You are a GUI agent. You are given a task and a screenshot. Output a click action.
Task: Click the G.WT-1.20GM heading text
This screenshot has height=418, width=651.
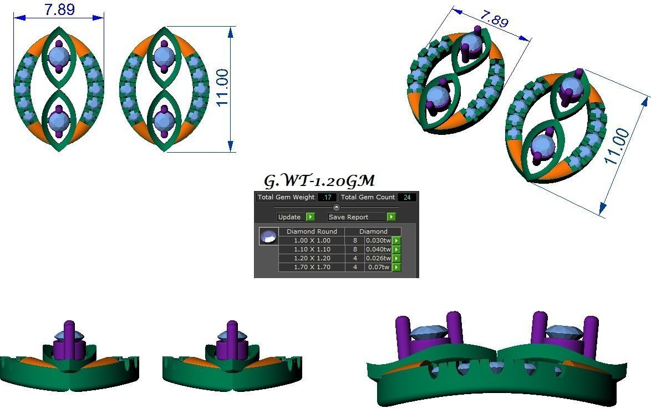[319, 181]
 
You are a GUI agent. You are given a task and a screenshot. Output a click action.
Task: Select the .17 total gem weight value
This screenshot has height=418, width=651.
[327, 197]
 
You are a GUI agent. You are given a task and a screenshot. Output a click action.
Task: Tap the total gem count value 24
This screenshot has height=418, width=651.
[407, 197]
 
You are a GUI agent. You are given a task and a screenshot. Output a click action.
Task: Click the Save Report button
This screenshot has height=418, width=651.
[355, 217]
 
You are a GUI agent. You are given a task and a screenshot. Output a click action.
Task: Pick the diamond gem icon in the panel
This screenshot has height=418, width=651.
[268, 236]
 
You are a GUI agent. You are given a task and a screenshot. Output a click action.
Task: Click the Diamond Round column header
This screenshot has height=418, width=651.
[312, 231]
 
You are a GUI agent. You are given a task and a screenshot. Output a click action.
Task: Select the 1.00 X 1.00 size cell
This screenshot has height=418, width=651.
[312, 240]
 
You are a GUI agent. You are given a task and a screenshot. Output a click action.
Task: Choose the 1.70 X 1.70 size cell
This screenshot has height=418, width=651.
[312, 267]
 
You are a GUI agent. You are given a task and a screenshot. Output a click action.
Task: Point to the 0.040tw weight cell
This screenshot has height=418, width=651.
[378, 249]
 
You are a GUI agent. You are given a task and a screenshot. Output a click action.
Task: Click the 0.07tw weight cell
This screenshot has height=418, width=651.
[378, 267]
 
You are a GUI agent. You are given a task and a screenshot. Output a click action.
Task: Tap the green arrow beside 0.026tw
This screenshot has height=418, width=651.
[396, 258]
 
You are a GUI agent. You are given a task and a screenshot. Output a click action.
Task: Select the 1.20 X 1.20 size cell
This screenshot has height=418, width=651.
[312, 258]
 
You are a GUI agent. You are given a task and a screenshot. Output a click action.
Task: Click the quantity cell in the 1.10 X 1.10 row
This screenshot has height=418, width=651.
[355, 249]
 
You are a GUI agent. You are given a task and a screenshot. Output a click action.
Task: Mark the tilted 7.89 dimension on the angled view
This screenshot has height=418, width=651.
[493, 19]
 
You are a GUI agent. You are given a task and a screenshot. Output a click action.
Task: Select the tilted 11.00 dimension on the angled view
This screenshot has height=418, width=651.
[617, 145]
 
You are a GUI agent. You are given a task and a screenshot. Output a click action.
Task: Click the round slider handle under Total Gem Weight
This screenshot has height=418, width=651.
[336, 207]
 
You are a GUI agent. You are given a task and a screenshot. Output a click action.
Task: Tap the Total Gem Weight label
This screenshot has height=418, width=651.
[286, 197]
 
